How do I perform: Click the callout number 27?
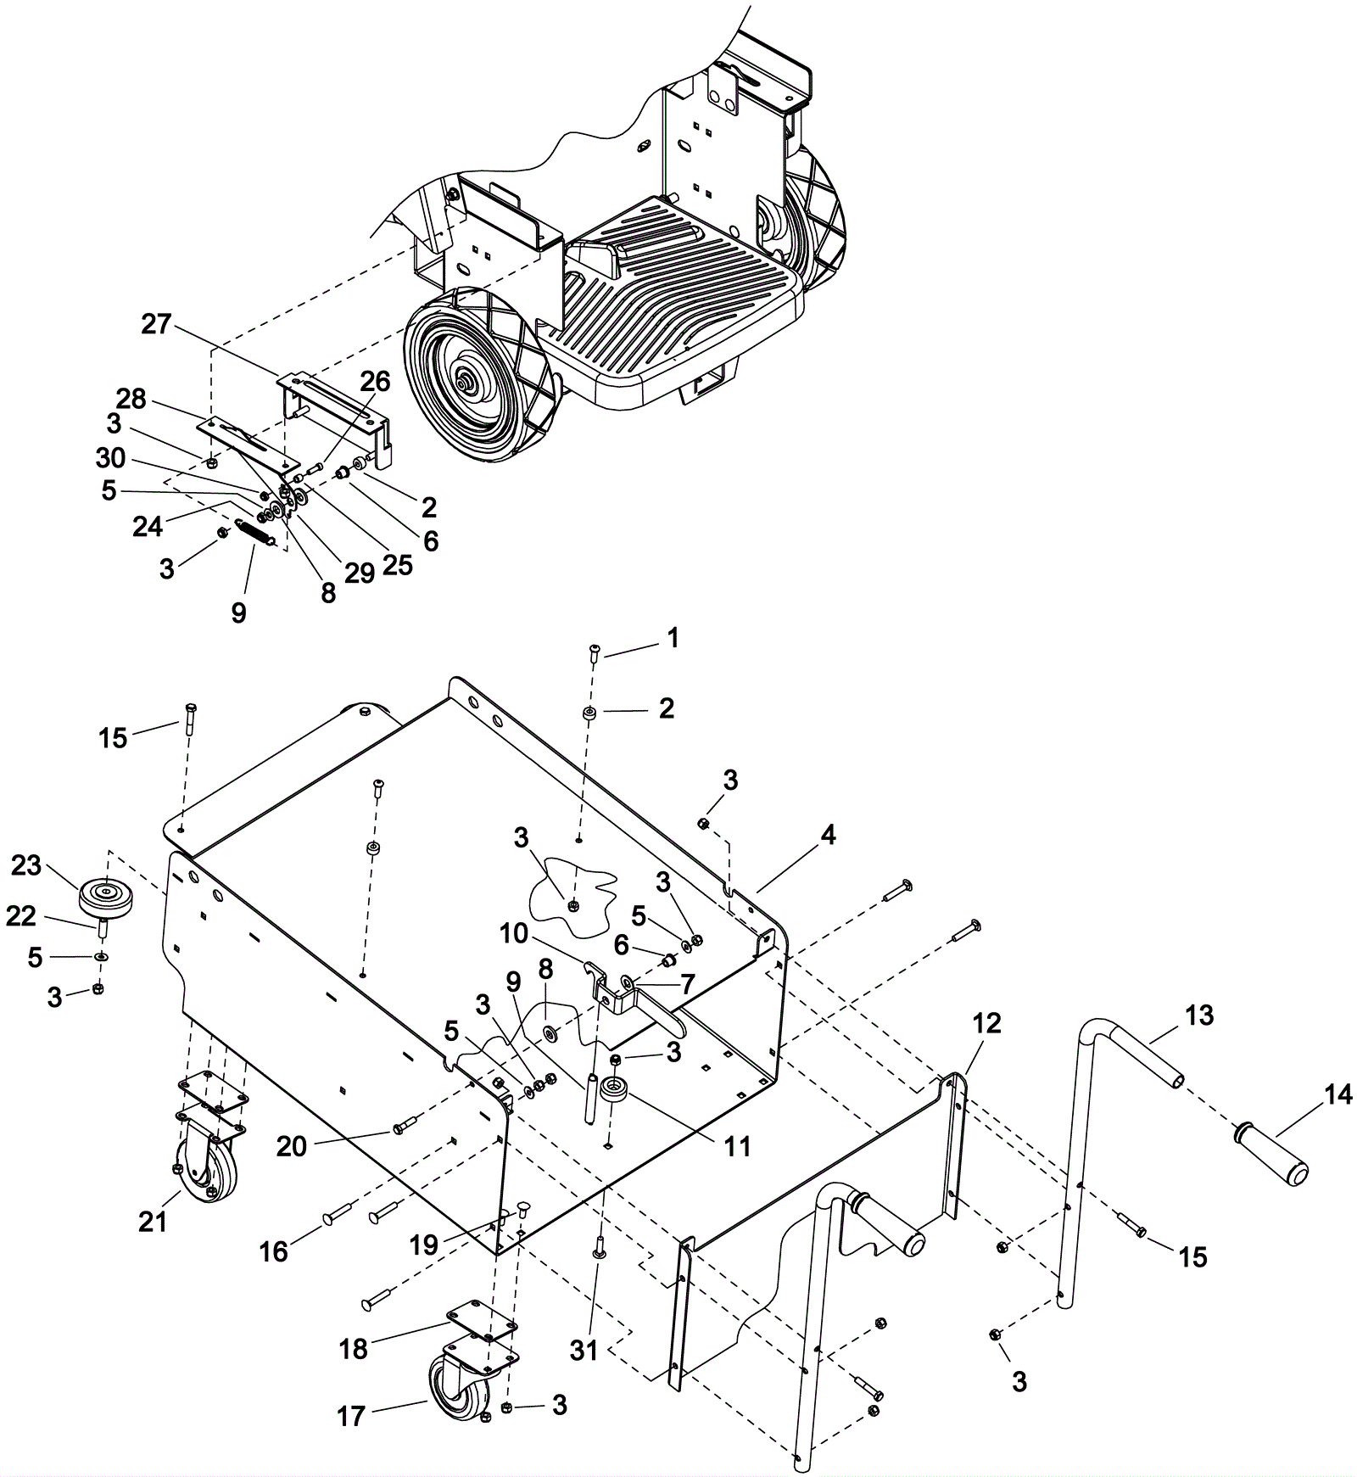pos(157,324)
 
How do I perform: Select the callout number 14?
pos(1338,1095)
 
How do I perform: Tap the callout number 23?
pos(26,865)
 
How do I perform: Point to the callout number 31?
pos(584,1351)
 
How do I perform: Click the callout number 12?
pos(987,1023)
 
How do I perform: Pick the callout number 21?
pos(153,1222)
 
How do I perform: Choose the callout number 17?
pos(351,1415)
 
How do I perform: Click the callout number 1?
pos(673,638)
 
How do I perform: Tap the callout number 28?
pos(131,399)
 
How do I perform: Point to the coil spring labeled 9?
pos(254,534)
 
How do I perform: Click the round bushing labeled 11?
pos(611,1091)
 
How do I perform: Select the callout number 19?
pos(424,1245)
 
